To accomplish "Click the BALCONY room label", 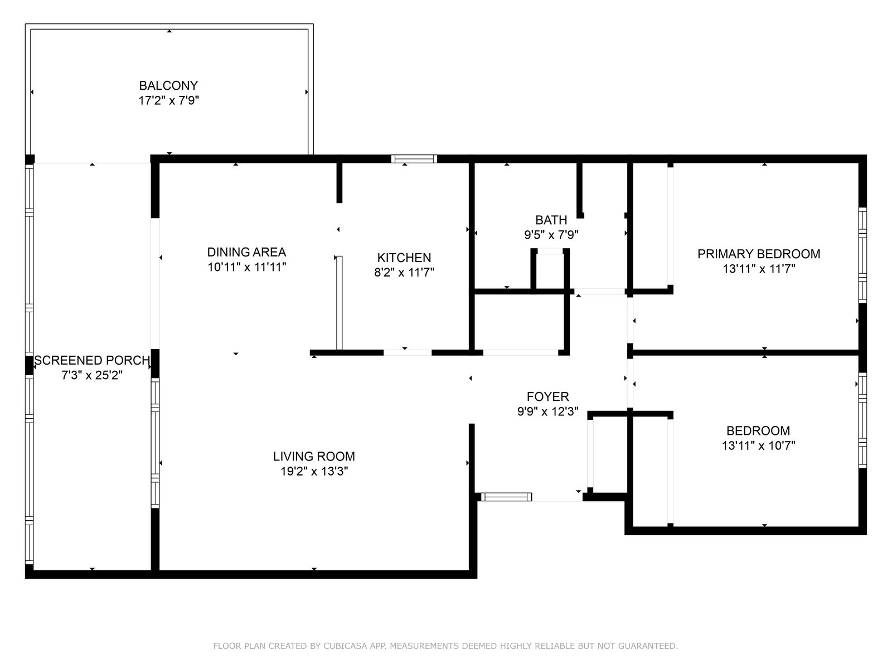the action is click(x=168, y=86).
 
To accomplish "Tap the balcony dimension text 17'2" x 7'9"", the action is click(x=169, y=100).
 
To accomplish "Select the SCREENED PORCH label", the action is click(x=92, y=360).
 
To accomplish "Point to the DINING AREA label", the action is click(x=246, y=252).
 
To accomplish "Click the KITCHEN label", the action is click(x=404, y=258).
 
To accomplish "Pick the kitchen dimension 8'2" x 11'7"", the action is click(x=404, y=272).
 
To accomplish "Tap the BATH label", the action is click(x=551, y=220).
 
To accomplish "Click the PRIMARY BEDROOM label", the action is click(x=759, y=254).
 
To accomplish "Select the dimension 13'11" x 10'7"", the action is click(x=758, y=445).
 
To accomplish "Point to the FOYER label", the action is click(x=548, y=396).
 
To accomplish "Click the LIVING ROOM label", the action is click(x=314, y=457).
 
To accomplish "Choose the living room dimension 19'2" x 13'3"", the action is click(x=314, y=471).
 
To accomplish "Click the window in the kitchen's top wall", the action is click(x=414, y=159).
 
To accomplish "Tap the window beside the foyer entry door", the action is click(x=506, y=497).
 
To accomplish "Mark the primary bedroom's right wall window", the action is click(x=862, y=255).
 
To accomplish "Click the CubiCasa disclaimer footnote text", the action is click(x=445, y=646).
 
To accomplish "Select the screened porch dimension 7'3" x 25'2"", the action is click(x=92, y=375).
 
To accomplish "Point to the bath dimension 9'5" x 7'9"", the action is click(x=551, y=235).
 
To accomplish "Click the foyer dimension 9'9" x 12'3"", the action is click(x=548, y=411).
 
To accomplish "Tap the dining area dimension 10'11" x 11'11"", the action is click(x=246, y=267).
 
